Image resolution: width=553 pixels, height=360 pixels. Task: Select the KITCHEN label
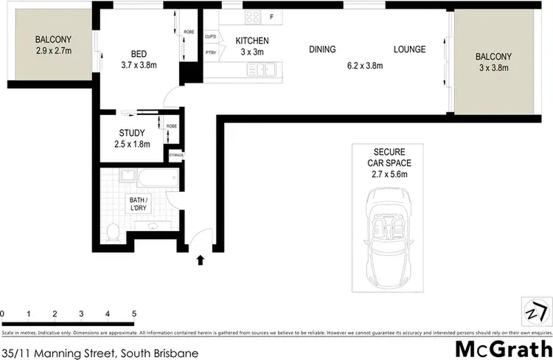[251, 41]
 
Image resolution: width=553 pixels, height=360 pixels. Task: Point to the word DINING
[321, 49]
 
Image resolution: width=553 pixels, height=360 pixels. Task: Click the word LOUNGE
[409, 49]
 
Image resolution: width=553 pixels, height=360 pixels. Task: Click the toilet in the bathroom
[113, 232]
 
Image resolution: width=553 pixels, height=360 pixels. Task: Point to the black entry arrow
[200, 259]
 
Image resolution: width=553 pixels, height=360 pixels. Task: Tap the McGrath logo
[504, 347]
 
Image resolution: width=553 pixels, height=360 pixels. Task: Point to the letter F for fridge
[271, 18]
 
